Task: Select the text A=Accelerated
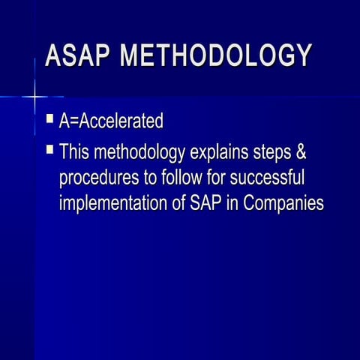coord(110,121)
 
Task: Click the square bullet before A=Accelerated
coord(49,118)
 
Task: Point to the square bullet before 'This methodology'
coord(49,149)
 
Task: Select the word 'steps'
coord(272,153)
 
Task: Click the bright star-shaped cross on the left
coord(34,96)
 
